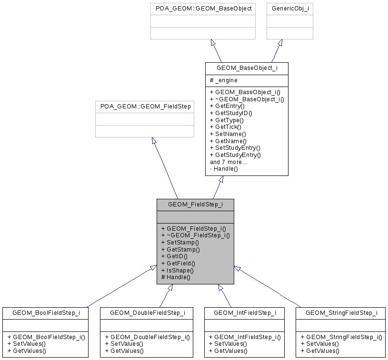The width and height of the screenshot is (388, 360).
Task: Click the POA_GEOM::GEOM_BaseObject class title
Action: tap(204, 9)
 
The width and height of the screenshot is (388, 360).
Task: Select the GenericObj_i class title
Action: tap(289, 9)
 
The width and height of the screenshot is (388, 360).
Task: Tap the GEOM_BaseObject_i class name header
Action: tap(247, 68)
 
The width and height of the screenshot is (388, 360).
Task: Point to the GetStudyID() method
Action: tap(231, 113)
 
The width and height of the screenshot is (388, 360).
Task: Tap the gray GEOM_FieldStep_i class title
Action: tap(195, 204)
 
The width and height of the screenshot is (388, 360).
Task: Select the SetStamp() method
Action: tap(180, 242)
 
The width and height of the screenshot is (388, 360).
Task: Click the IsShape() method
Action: tap(177, 270)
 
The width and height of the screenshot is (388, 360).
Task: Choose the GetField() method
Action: tap(178, 263)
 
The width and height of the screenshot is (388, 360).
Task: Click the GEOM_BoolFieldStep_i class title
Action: tap(46, 312)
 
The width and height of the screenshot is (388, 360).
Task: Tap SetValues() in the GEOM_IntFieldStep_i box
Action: tap(228, 344)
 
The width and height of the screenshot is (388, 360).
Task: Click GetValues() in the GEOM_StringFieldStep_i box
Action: tap(319, 351)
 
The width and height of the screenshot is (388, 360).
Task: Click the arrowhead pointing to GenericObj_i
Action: tap(280, 43)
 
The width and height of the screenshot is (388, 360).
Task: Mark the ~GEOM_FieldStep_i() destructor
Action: tap(195, 235)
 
